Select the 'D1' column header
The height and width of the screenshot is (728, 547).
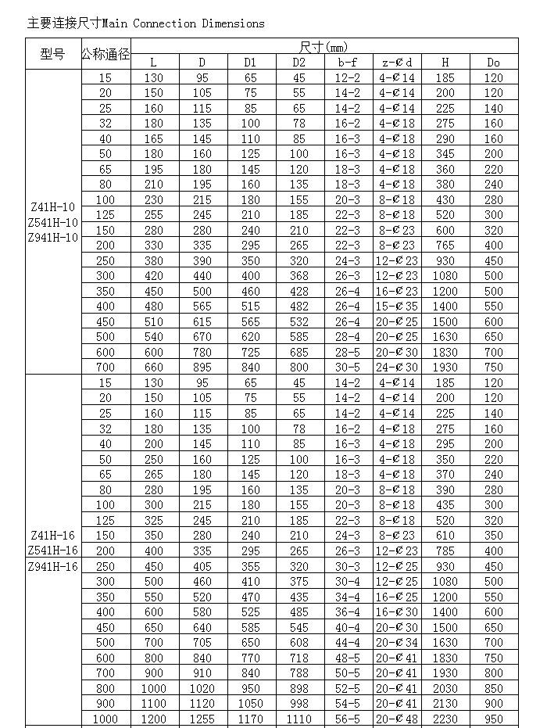[x=250, y=63]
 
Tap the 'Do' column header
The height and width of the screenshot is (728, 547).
[x=493, y=63]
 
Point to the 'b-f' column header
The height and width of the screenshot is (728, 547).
[x=349, y=63]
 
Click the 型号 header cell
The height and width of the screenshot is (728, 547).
[x=53, y=55]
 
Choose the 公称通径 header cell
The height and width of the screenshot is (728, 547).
[x=105, y=55]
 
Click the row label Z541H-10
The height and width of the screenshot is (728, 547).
[x=53, y=223]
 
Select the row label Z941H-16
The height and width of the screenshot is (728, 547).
[x=53, y=566]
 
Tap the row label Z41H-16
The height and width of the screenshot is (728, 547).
[x=53, y=536]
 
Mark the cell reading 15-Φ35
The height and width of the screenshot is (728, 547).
[x=397, y=307]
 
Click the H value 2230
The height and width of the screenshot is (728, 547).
[x=445, y=719]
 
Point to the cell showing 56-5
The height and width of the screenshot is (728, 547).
[x=349, y=719]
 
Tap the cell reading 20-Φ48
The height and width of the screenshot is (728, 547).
[x=397, y=719]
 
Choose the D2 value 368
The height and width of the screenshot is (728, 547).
[x=299, y=276]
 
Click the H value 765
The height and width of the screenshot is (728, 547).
[x=445, y=246]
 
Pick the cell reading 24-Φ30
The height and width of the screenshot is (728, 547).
[x=397, y=368]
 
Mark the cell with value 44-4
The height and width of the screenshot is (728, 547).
[x=349, y=643]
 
